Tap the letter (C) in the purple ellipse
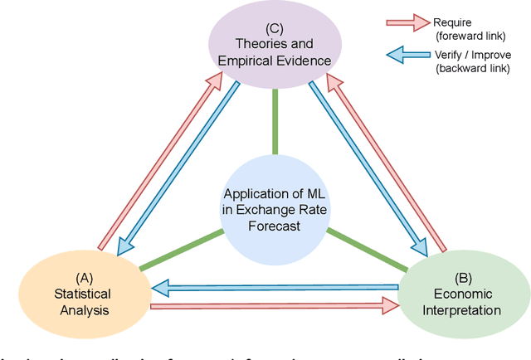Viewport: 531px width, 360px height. tap(275, 27)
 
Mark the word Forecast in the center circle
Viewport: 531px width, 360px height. tap(275, 226)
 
